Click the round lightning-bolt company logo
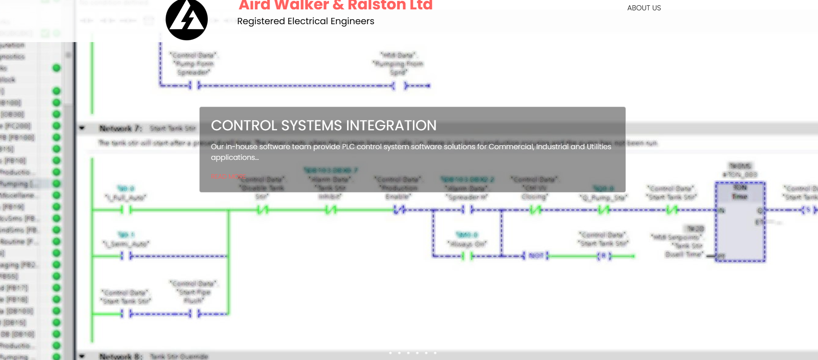187,19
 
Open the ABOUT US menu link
644,8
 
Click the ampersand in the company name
338,5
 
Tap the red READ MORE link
228,177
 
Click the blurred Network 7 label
120,129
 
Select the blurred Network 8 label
120,356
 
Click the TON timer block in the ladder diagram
740,222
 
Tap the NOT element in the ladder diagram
536,256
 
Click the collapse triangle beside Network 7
82,129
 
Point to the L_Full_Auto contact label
125,197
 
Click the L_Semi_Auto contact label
126,244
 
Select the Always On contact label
467,244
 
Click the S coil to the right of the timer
808,210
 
